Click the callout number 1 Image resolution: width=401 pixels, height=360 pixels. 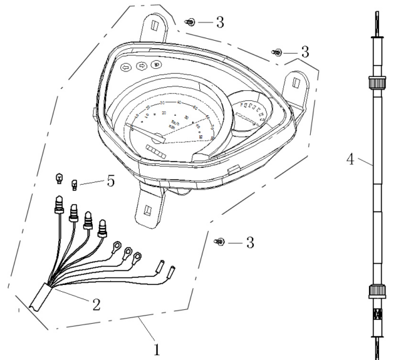click(x=157, y=349)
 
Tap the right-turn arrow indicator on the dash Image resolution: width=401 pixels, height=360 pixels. click(x=141, y=66)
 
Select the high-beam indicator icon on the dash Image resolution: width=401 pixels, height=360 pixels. click(x=156, y=65)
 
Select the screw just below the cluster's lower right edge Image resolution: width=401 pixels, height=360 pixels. click(x=218, y=242)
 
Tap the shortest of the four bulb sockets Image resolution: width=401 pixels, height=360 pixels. click(x=104, y=229)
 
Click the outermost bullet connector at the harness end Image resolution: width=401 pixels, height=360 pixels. click(x=171, y=272)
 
